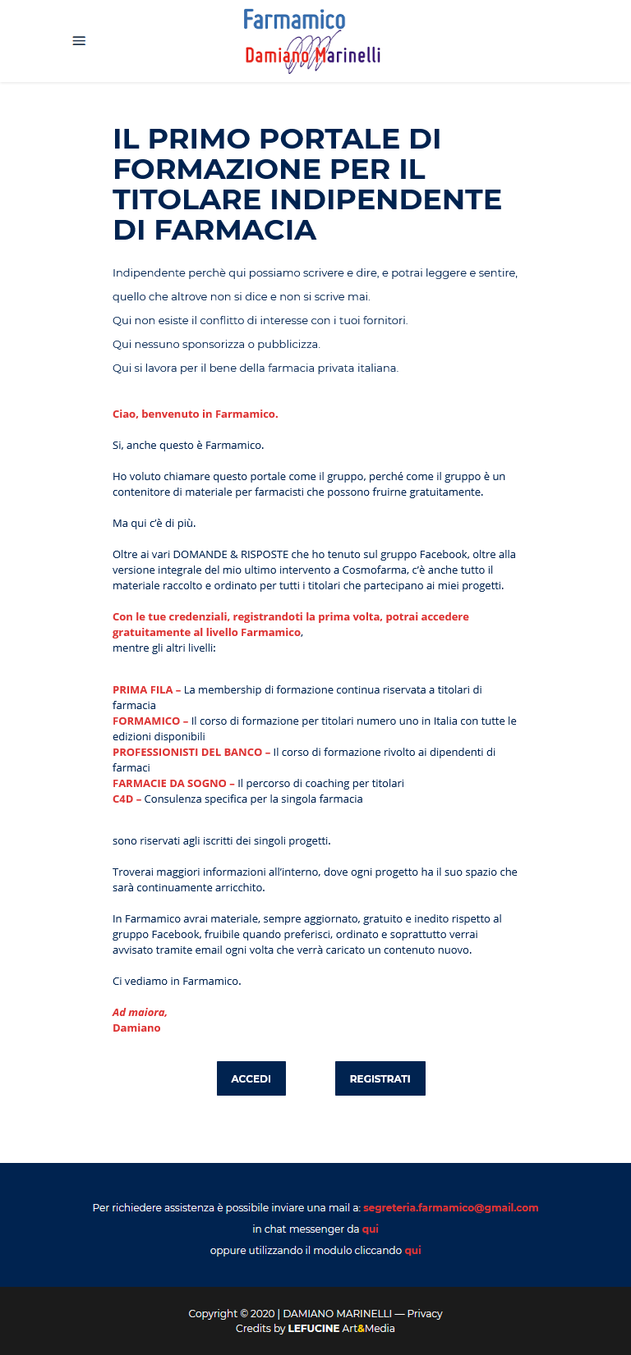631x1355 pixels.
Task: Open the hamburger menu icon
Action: coord(79,41)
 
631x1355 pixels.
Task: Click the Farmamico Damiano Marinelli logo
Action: coord(312,40)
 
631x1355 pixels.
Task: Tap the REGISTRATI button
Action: coord(380,1078)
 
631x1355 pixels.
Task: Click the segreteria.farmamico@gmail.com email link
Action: coord(450,1207)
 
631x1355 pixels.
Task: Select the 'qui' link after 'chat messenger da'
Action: coord(370,1229)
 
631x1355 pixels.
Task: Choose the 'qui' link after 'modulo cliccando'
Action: coord(412,1250)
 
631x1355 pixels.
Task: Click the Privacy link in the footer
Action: coord(425,1313)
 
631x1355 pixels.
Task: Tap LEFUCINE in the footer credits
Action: coord(313,1328)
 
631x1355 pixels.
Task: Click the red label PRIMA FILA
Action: coord(142,689)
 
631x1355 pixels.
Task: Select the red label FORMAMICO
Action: coord(146,721)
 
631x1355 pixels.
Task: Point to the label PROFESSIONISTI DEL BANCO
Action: coord(187,752)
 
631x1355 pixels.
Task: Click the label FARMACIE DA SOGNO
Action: coord(169,783)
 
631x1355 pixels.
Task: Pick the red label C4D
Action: coord(123,799)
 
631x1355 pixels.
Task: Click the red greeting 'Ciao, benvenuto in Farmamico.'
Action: coord(196,414)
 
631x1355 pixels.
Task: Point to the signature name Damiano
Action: coord(136,1028)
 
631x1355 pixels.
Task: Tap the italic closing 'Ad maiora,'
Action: coord(140,1012)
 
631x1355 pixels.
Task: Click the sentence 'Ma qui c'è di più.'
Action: coord(154,523)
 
